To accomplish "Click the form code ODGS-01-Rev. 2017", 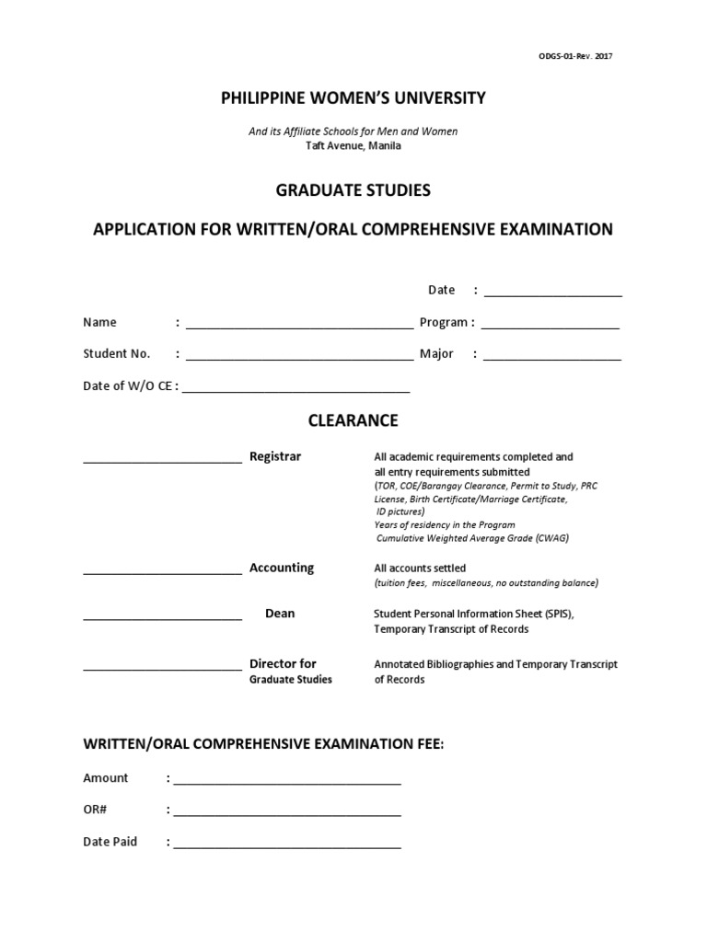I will (575, 56).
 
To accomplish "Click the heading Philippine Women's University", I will (353, 98).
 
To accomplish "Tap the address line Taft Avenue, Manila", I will (353, 145).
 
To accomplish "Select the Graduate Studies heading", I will (353, 191).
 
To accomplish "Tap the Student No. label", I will (116, 354).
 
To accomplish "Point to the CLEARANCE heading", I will (353, 420).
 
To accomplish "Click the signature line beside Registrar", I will (162, 459).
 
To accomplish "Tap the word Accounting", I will (282, 569).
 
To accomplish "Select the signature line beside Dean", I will (162, 616).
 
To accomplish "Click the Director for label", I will (283, 664).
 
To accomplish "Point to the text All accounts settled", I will (420, 569).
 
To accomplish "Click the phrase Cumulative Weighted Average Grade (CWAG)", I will (472, 539).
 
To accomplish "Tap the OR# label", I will (97, 810).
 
